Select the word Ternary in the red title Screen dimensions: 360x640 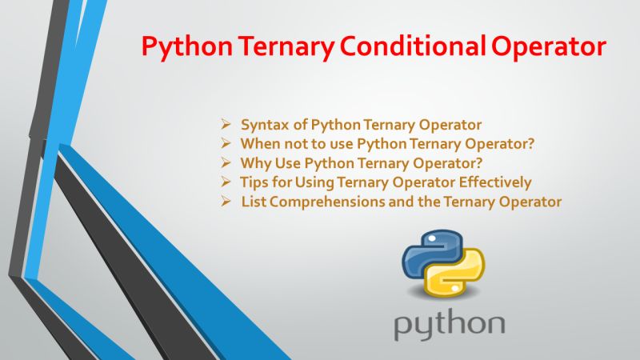[x=275, y=46]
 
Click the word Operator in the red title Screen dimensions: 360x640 [x=546, y=46]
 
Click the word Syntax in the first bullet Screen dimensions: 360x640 [x=262, y=125]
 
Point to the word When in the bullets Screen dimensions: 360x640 [x=258, y=144]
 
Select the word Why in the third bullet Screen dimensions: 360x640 [x=254, y=163]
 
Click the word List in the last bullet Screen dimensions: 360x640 [x=254, y=202]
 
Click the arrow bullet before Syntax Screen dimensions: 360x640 [x=226, y=125]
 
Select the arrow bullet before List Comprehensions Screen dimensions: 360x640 [x=226, y=202]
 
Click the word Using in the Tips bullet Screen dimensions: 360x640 [x=322, y=182]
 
